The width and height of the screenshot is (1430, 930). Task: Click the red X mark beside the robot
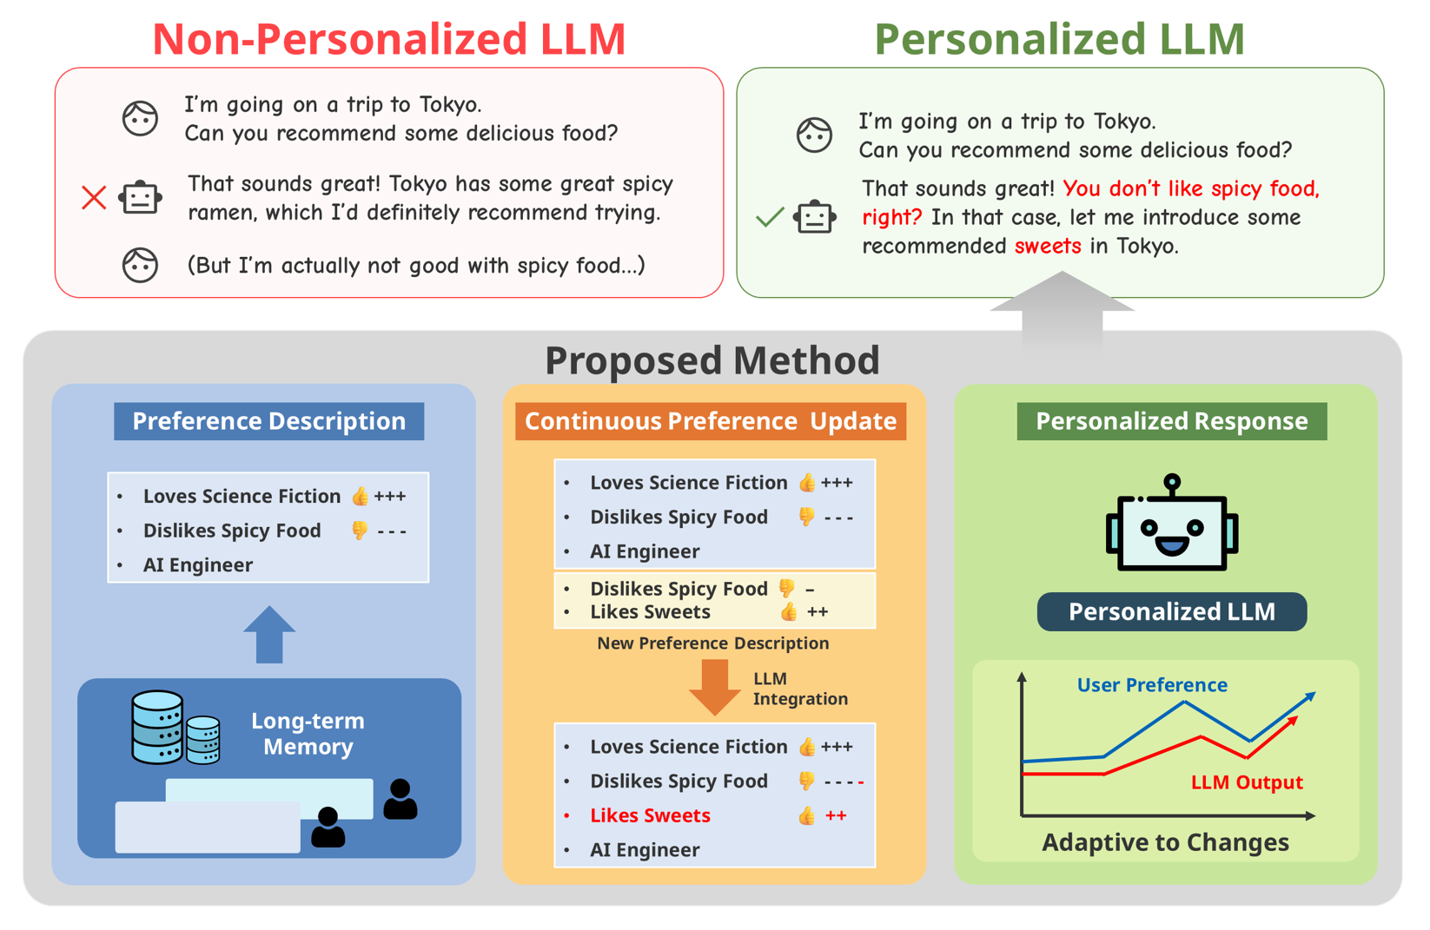coord(94,198)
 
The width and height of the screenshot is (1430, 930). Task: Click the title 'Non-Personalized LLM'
coord(389,39)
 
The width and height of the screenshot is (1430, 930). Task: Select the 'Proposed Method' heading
coord(712,360)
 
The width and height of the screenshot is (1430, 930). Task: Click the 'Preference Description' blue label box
coord(269,421)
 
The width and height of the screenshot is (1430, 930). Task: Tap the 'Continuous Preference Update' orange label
coord(711,421)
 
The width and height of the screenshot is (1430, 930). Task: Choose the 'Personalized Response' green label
coord(1172,421)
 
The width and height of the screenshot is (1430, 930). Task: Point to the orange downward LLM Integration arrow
coord(714,686)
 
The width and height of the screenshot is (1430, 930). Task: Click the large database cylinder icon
coord(157,727)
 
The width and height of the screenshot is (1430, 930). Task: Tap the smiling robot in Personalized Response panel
coord(1172,524)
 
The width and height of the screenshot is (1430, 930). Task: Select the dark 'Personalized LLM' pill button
coord(1172,611)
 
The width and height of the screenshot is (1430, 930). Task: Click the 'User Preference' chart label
coord(1152,684)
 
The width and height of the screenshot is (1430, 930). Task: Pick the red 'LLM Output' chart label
coord(1247,782)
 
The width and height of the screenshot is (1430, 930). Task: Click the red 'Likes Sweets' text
coord(650,815)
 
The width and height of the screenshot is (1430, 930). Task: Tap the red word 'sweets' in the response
coord(1048,247)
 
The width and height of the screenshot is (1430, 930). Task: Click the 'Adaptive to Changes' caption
coord(1165,842)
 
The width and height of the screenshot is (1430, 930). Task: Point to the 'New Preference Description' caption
coord(712,643)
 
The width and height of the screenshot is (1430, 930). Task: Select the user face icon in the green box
coord(814,135)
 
